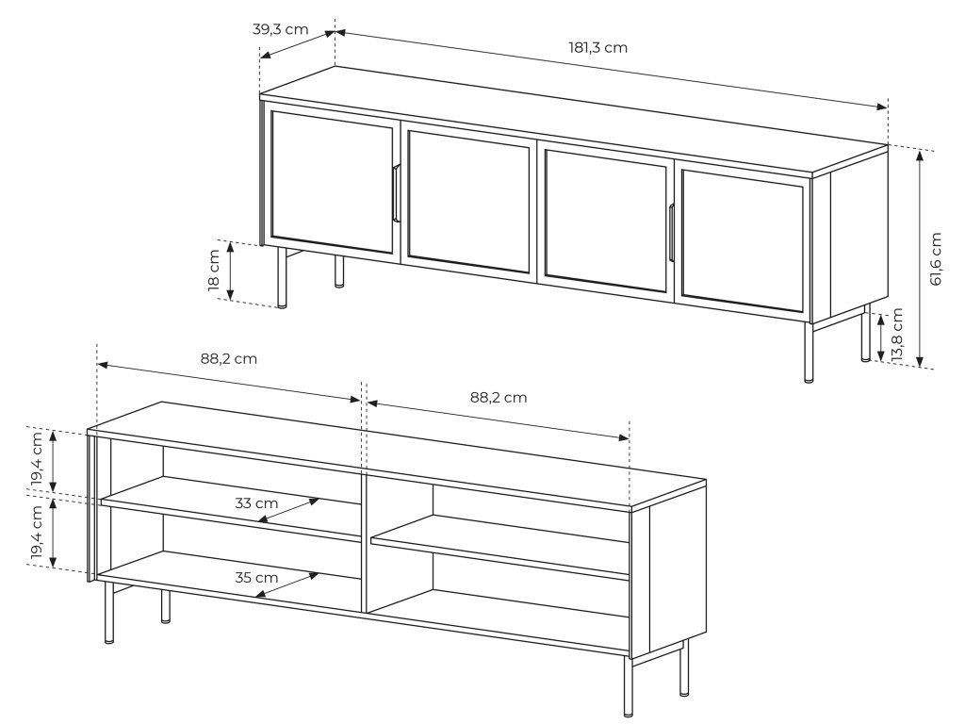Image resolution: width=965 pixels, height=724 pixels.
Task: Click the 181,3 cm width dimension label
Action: (x=597, y=48)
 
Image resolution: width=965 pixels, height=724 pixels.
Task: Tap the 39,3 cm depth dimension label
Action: (x=280, y=29)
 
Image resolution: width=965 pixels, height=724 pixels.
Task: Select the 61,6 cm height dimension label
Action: (x=936, y=258)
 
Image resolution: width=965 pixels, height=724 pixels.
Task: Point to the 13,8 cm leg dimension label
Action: (x=897, y=335)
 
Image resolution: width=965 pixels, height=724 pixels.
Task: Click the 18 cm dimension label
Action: (x=214, y=270)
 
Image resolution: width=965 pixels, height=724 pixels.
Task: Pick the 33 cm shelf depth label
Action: (x=256, y=503)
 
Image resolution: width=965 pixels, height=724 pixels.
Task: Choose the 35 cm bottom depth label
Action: (x=256, y=578)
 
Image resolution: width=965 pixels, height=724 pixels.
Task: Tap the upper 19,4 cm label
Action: (x=37, y=459)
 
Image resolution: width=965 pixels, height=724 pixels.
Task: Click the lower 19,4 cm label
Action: (x=37, y=534)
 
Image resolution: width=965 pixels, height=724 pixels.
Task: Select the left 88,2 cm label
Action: (x=228, y=359)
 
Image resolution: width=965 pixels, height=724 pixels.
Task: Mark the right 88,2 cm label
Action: (x=499, y=398)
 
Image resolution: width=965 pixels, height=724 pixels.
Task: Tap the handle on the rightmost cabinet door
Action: (x=671, y=233)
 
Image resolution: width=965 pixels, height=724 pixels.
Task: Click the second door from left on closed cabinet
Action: (x=469, y=201)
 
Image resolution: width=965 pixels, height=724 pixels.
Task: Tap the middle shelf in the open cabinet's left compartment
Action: (x=231, y=508)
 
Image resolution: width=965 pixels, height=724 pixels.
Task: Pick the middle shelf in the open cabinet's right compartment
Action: (x=500, y=547)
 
